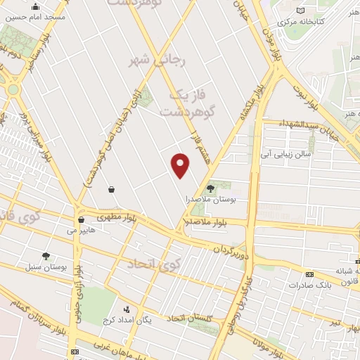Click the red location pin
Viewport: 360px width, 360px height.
coord(181,165)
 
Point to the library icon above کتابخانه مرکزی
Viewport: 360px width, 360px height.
coord(301,11)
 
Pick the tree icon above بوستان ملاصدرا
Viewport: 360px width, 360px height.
coord(210,188)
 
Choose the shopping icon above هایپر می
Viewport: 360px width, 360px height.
coord(82,219)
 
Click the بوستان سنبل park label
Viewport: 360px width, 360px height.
coord(46,268)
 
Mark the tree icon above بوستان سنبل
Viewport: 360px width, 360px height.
coord(46,257)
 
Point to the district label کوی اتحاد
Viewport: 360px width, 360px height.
coord(154,264)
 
